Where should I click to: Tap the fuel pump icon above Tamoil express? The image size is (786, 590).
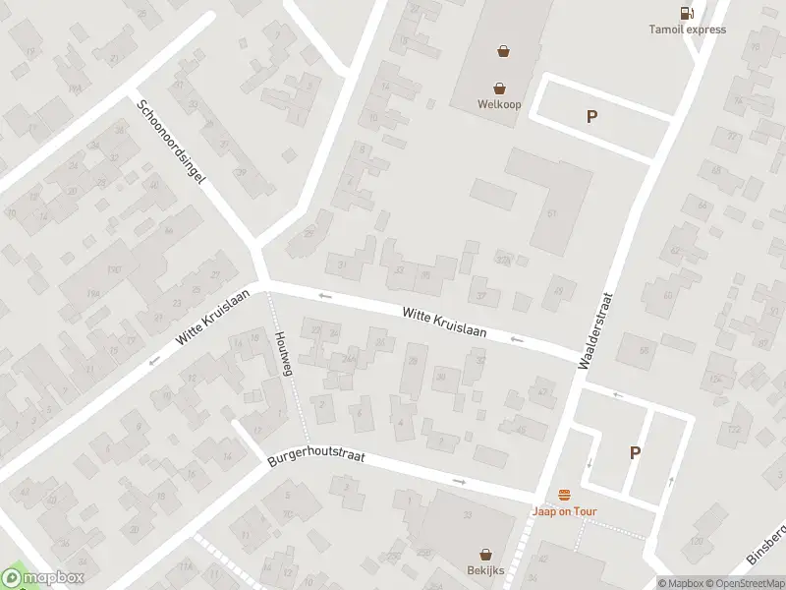686,13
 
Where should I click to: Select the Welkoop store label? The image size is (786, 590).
499,104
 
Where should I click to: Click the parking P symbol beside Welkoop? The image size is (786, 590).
591,117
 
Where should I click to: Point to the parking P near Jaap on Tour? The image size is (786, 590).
635,453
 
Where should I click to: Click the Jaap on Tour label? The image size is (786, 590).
564,511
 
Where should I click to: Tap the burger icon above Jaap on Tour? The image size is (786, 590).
564,495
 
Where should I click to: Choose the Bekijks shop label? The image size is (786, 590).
485,570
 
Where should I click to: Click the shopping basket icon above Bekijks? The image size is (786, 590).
485,555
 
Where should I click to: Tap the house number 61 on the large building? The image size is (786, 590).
551,213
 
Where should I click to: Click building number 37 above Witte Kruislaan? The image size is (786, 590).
480,294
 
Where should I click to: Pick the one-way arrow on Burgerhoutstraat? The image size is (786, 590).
460,481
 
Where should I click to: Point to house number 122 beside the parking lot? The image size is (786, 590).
733,429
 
